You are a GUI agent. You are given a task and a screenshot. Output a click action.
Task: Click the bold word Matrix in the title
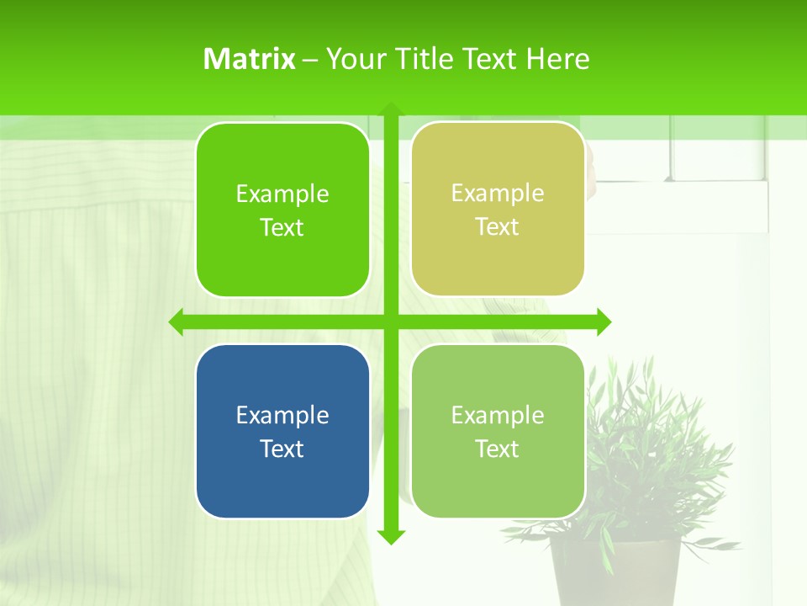(x=250, y=59)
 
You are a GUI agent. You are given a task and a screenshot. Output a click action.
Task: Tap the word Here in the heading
(x=557, y=59)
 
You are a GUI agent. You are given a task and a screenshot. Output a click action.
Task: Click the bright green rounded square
(x=282, y=210)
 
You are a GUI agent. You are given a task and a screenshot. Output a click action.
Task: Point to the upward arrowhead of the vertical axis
(x=390, y=110)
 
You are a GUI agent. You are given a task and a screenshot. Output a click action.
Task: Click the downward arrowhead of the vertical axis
(x=390, y=536)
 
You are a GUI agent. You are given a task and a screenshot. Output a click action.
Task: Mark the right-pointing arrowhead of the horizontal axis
(x=603, y=322)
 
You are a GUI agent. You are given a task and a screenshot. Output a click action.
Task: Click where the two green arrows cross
(x=390, y=322)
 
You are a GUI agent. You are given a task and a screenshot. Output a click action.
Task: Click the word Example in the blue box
(x=282, y=415)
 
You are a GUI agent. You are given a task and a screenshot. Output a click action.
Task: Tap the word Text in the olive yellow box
(x=498, y=227)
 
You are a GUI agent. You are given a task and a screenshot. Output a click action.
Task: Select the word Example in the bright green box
(x=282, y=194)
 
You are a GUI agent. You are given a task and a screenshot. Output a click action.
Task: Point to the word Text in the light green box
(x=498, y=449)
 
